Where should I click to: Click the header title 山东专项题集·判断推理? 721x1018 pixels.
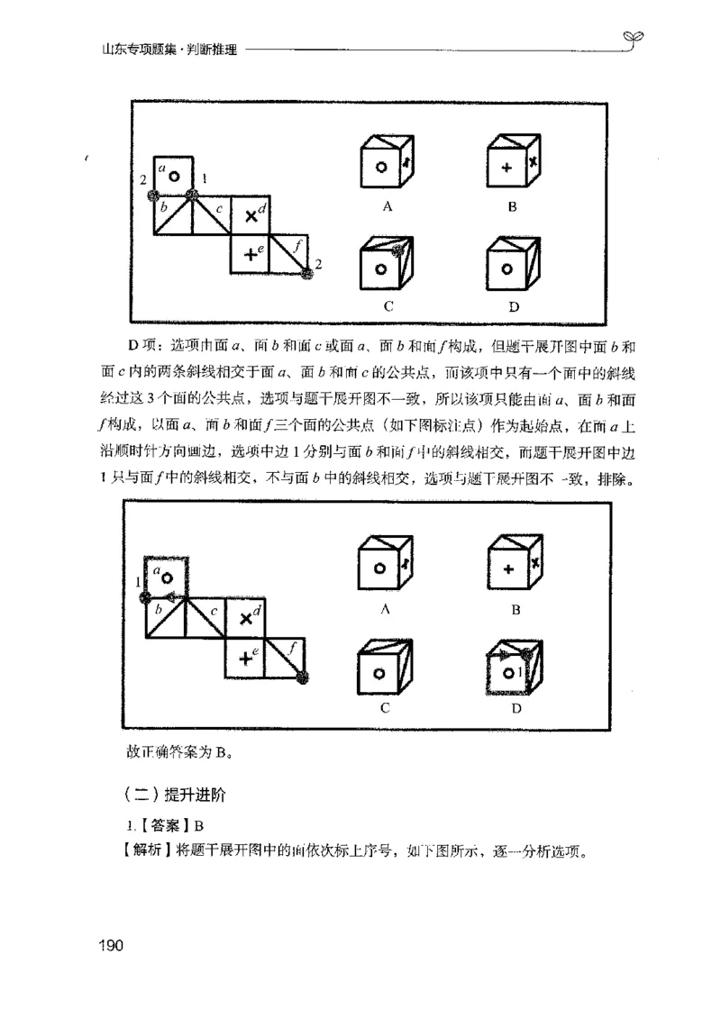(x=169, y=50)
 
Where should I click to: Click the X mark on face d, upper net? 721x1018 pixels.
(x=251, y=215)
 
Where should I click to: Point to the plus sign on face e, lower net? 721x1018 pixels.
(x=244, y=659)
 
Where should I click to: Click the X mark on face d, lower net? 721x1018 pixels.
(x=244, y=620)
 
